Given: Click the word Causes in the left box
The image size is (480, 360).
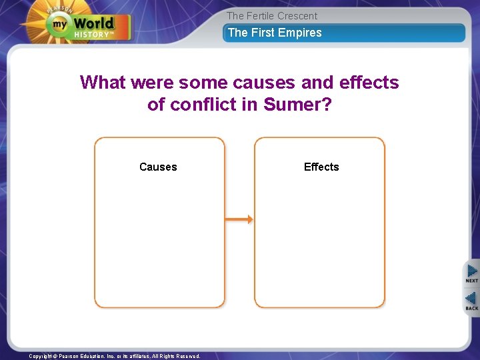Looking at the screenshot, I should pos(158,167).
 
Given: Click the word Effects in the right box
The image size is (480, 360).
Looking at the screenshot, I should pos(321,167).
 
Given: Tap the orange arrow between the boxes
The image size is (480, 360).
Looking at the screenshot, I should pos(239,219).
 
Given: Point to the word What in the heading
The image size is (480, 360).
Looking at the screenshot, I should pos(103,83).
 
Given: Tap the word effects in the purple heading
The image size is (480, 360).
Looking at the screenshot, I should pos(369,83).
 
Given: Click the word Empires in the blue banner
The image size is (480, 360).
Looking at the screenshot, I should pos(300,33).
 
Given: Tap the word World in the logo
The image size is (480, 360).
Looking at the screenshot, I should pos(94,23).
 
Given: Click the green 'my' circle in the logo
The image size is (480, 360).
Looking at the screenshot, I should pos(59,25).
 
